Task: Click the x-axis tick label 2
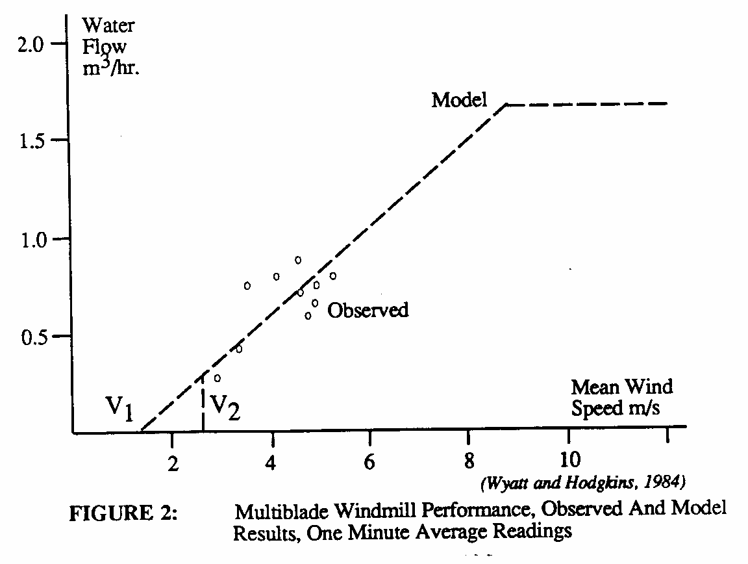coord(171,448)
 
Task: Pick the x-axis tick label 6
coord(369,448)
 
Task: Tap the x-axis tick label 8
coord(469,448)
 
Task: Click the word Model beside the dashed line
coord(460,101)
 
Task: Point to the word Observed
coord(368,311)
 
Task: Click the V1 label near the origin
coord(120,411)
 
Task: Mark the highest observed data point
coord(298,260)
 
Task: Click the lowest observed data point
coord(218,378)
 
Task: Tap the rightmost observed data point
coord(333,276)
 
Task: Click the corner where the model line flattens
coord(506,104)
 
